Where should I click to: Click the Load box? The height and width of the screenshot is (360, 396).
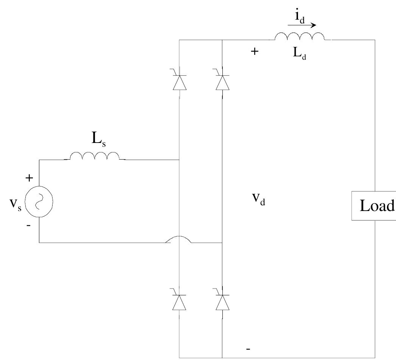pos(374,206)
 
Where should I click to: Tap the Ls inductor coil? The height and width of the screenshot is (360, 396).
pos(94,156)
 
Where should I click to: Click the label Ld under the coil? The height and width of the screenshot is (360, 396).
pos(300,53)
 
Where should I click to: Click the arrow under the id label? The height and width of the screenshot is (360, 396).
pos(302,26)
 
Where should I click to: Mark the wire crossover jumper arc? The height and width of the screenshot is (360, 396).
pos(179,240)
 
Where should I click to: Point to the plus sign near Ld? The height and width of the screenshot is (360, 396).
pos(255,52)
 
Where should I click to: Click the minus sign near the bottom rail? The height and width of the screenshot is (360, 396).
pos(248,349)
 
